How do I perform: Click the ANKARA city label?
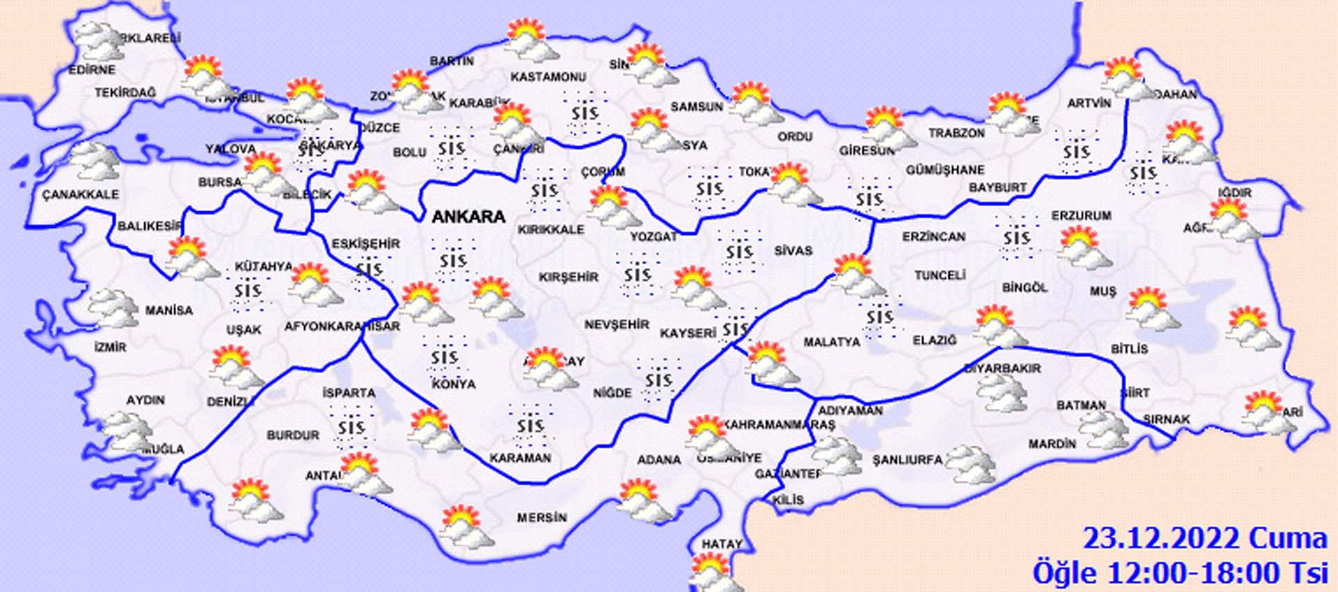click(468, 217)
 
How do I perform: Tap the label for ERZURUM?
click(1081, 216)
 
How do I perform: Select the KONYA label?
click(454, 384)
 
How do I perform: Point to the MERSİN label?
click(541, 518)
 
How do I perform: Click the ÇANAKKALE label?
click(80, 195)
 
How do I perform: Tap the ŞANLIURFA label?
click(907, 460)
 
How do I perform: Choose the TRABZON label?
click(956, 132)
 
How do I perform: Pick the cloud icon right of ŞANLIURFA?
click(971, 464)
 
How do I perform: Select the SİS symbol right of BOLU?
click(451, 148)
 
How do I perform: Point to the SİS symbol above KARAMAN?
click(530, 425)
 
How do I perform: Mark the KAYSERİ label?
click(688, 333)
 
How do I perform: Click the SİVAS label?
click(793, 250)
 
